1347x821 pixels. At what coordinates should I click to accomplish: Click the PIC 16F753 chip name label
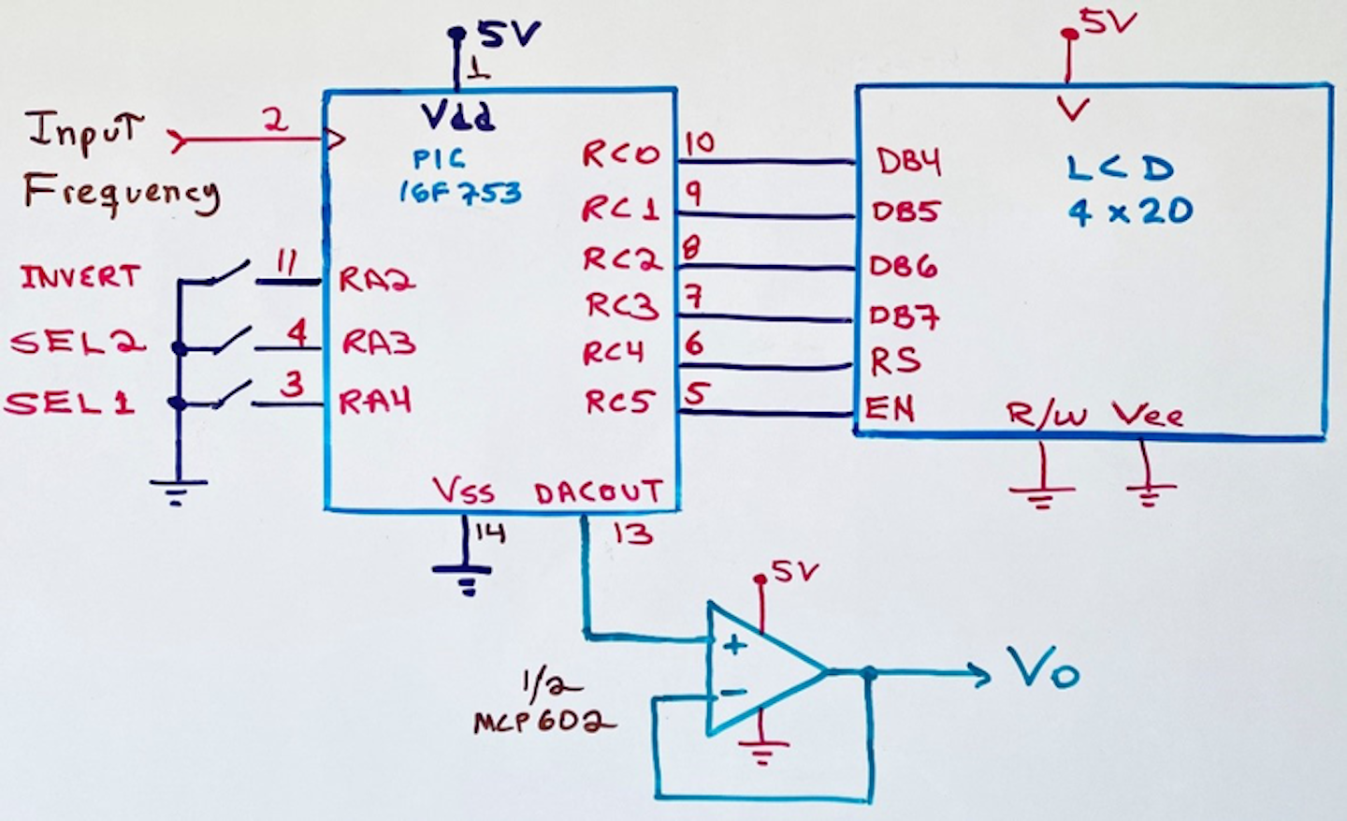tap(458, 176)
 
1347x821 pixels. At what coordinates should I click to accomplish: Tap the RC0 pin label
tap(621, 154)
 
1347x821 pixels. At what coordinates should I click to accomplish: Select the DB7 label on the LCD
tap(904, 317)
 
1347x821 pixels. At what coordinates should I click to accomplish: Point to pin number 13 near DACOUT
tap(632, 535)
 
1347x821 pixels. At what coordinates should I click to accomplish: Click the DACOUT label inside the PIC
tap(599, 492)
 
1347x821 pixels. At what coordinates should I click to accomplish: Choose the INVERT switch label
tap(80, 277)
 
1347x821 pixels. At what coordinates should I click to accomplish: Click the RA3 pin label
tap(378, 343)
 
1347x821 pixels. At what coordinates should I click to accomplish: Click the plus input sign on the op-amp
tap(735, 644)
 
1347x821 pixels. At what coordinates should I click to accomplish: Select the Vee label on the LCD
tap(1148, 415)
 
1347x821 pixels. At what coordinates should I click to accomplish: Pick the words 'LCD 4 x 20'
tap(1129, 190)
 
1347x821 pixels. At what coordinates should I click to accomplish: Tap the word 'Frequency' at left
tap(122, 193)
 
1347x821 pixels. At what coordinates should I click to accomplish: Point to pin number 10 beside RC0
tap(699, 142)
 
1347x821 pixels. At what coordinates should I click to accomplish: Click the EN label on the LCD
tap(890, 408)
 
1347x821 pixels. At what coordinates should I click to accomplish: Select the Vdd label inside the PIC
tap(457, 117)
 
